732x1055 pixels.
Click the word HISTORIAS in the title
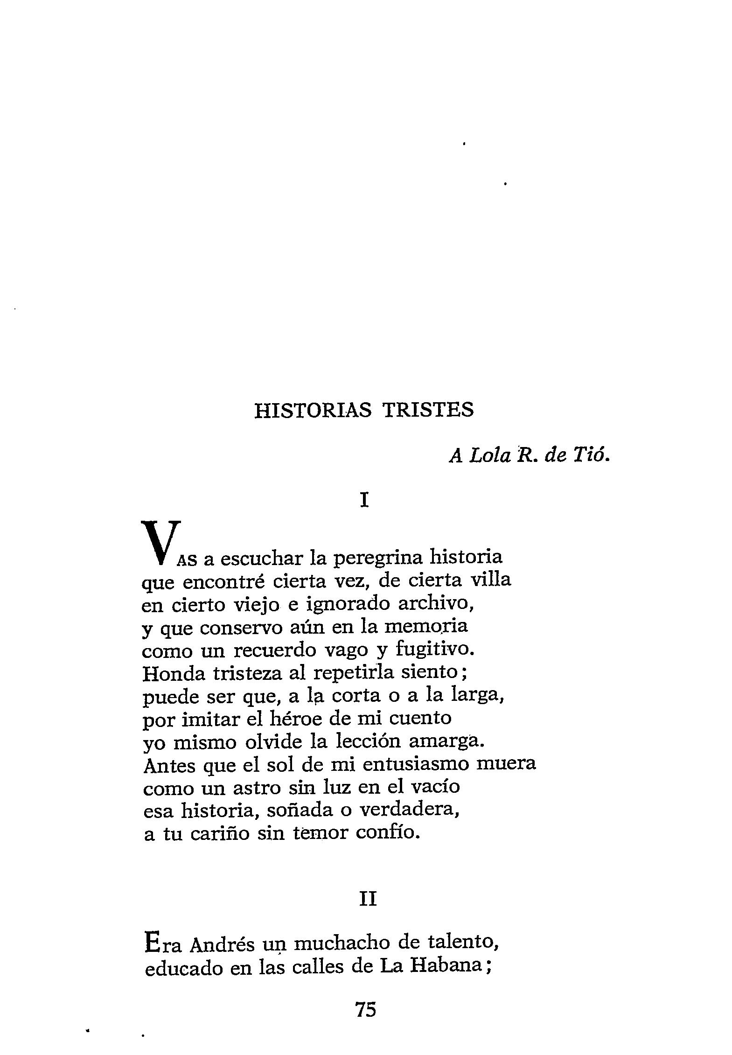point(313,410)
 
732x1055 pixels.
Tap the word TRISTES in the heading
point(428,410)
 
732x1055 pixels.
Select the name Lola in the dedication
point(490,456)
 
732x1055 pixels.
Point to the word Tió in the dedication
point(594,455)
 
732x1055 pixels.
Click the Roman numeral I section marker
point(365,501)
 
